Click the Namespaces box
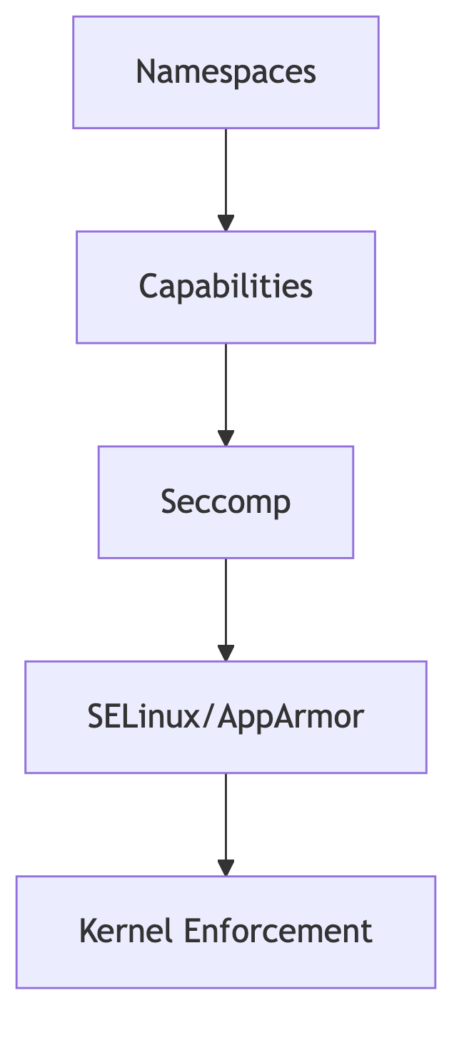(226, 72)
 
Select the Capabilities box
(226, 287)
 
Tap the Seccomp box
(226, 501)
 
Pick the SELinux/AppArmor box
(226, 716)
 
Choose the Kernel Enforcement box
(226, 932)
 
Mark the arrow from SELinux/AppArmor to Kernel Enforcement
(226, 820)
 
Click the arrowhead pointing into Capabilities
(226, 223)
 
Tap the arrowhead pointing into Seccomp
(226, 438)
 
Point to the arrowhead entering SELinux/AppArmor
(226, 653)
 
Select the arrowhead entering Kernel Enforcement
(226, 867)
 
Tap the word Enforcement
(278, 932)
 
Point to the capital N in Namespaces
(145, 72)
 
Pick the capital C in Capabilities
(148, 287)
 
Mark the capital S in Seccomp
(168, 501)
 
